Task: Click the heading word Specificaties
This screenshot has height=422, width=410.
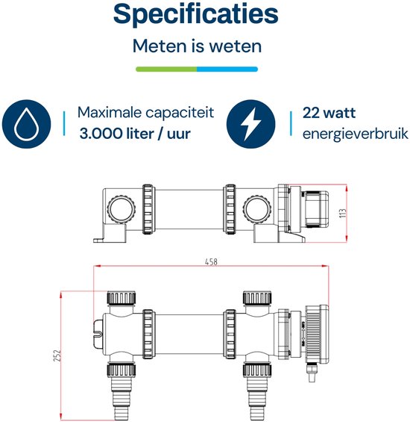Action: (x=195, y=15)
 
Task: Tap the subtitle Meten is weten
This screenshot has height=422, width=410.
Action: (x=198, y=46)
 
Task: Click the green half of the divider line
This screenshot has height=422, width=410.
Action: (x=166, y=69)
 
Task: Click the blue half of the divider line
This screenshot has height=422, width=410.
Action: (x=227, y=69)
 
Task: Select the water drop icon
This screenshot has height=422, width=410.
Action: (x=26, y=124)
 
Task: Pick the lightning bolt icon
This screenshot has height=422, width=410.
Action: (x=250, y=124)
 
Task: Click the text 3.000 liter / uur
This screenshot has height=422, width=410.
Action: (x=135, y=134)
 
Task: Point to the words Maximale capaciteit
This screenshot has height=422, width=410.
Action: (x=145, y=113)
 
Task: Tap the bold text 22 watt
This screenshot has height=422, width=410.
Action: (x=329, y=113)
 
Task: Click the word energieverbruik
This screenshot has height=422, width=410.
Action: (x=356, y=134)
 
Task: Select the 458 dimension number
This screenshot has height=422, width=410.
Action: (x=211, y=261)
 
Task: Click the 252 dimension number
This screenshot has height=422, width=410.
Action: (x=57, y=356)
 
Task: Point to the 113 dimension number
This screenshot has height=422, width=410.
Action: (x=343, y=213)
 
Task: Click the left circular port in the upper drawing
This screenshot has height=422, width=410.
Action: (x=122, y=209)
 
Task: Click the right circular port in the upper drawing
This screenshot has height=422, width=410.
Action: (x=257, y=209)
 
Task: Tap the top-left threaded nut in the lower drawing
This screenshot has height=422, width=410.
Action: (x=122, y=298)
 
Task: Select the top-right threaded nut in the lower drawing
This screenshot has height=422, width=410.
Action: (x=257, y=298)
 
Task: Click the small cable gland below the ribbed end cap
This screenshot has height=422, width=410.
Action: (x=312, y=372)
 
